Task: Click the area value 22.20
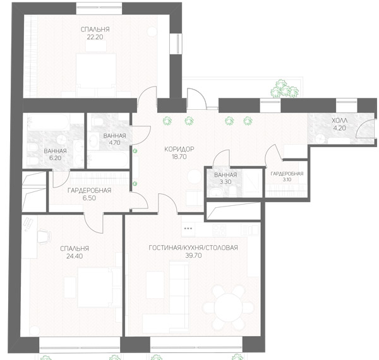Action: [x=95, y=37]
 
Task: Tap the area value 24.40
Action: [x=75, y=256]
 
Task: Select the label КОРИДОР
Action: [x=179, y=149]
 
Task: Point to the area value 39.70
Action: [x=193, y=255]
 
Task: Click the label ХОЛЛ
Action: [x=340, y=121]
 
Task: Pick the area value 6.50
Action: [x=89, y=198]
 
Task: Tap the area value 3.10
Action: [x=287, y=180]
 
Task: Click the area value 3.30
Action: [x=226, y=182]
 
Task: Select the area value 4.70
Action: [x=114, y=143]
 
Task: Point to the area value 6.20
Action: [x=55, y=159]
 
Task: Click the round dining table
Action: [x=229, y=308]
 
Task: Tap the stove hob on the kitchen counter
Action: [x=219, y=230]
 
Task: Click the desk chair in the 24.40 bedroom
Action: [x=44, y=235]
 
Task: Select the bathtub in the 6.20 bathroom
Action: [x=49, y=122]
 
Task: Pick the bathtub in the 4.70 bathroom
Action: [x=108, y=159]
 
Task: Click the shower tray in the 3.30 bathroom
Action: [x=252, y=182]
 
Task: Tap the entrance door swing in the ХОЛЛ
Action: [x=366, y=128]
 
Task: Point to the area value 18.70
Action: [x=179, y=157]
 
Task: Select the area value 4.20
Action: [x=340, y=128]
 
